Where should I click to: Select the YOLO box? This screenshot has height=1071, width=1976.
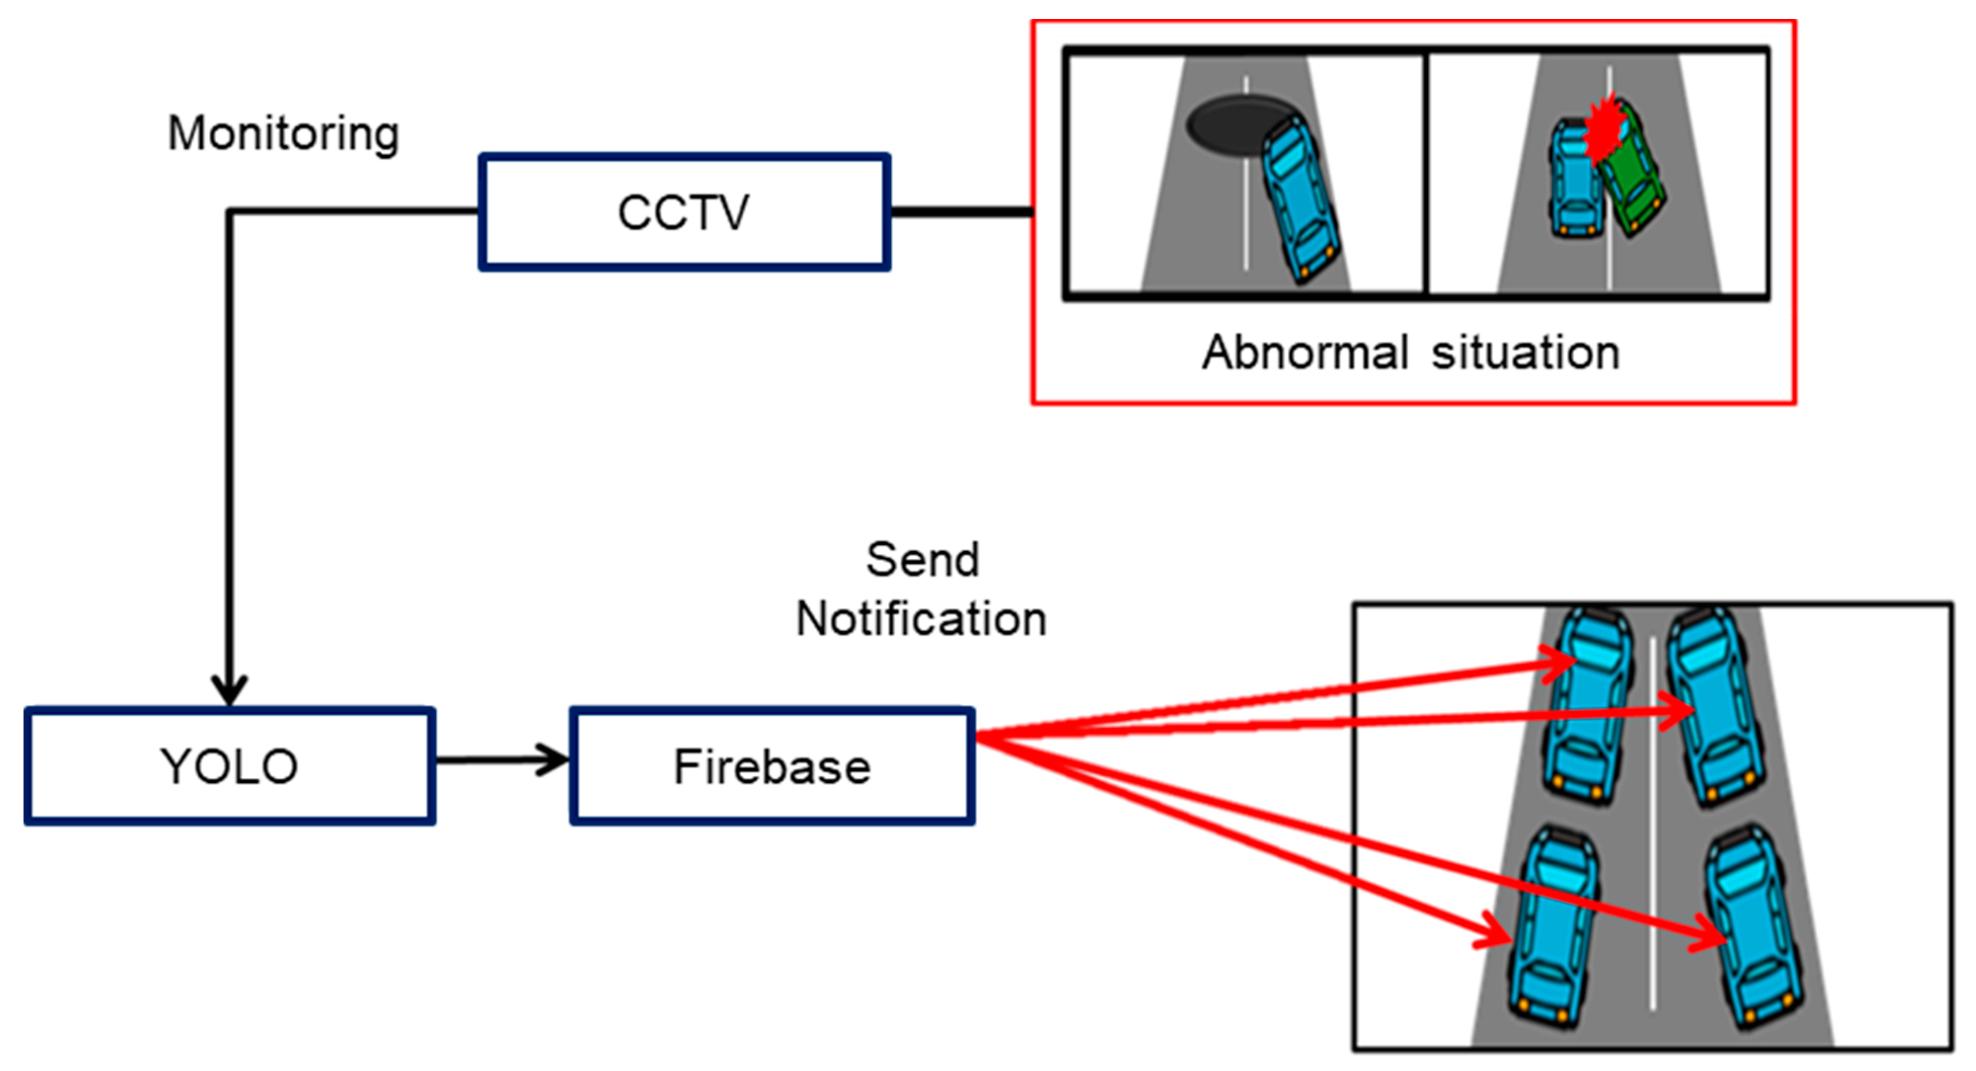tap(229, 765)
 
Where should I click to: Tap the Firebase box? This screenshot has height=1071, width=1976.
tap(772, 765)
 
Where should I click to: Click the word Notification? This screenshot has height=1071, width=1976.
tap(921, 619)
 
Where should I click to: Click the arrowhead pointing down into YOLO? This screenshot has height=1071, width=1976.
tap(229, 688)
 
